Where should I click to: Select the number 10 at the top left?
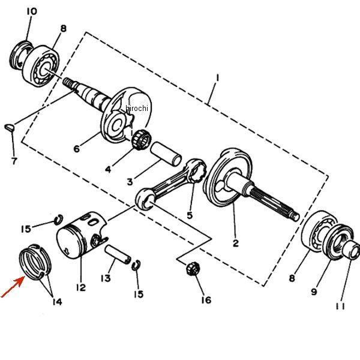point(32,11)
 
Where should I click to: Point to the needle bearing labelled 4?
point(141,139)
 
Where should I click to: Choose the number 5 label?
point(190,214)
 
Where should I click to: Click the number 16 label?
point(206,299)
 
